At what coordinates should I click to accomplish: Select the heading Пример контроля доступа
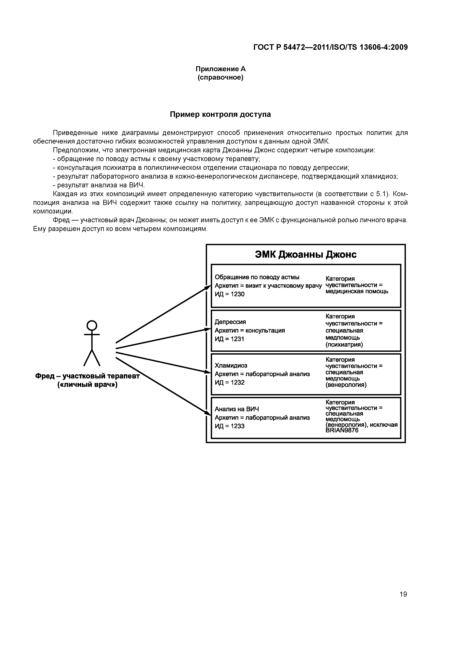pyautogui.click(x=220, y=114)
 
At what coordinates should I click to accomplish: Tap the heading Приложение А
pyautogui.click(x=220, y=69)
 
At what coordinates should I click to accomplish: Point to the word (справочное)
pyautogui.click(x=220, y=78)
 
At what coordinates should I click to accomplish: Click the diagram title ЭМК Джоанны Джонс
pyautogui.click(x=306, y=254)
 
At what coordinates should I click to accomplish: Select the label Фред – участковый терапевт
pyautogui.click(x=87, y=376)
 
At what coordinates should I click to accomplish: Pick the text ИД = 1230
pyautogui.click(x=229, y=294)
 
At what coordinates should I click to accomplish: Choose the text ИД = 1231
pyautogui.click(x=229, y=339)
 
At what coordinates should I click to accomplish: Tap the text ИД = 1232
pyautogui.click(x=229, y=382)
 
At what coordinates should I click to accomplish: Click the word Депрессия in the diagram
pyautogui.click(x=230, y=322)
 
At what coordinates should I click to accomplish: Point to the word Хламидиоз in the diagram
pyautogui.click(x=231, y=365)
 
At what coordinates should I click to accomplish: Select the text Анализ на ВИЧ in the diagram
pyautogui.click(x=237, y=409)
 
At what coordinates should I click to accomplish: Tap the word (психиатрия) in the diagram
pyautogui.click(x=344, y=345)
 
